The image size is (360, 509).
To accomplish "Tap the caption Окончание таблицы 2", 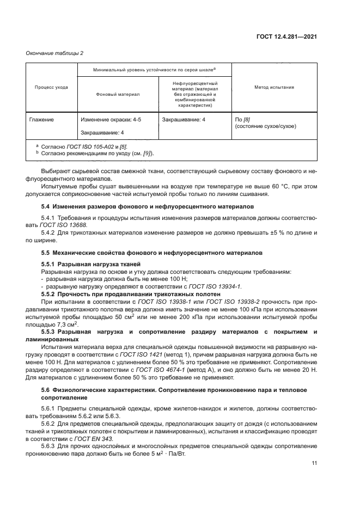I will [x=54, y=53].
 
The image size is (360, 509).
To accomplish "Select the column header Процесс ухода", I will [x=51, y=87].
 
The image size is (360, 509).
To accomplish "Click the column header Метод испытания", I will [x=274, y=87].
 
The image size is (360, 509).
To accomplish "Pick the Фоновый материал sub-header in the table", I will [x=117, y=94].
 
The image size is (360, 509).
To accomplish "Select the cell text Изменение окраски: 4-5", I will [x=111, y=119].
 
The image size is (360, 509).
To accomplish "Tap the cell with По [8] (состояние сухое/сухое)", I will [x=265, y=122].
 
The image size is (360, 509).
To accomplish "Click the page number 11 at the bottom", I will [x=314, y=464].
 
